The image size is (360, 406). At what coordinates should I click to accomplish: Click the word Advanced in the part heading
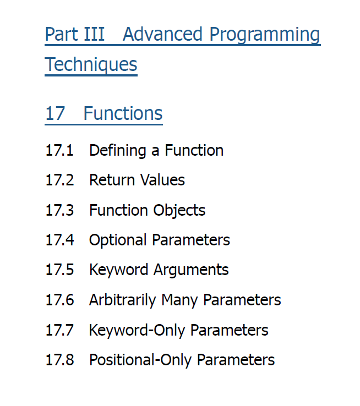point(162,34)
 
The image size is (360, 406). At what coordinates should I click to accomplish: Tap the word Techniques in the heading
point(91,65)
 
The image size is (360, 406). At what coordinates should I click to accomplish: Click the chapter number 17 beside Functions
point(55,113)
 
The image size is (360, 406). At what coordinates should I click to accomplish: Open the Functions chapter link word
point(123,113)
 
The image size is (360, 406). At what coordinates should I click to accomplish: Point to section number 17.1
point(59,150)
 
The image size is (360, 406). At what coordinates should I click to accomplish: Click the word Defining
point(118,151)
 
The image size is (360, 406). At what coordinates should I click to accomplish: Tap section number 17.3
point(59,210)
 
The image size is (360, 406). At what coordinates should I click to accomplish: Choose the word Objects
point(179,211)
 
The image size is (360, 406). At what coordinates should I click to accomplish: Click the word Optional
point(118,240)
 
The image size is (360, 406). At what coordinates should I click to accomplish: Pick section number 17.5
point(59,270)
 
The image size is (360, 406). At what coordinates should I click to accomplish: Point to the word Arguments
point(191,270)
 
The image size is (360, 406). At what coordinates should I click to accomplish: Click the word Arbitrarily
point(123,300)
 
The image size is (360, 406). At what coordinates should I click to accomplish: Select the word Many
point(179,300)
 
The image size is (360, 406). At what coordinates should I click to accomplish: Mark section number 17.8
point(59,360)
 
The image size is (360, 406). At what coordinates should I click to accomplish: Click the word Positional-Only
point(140,360)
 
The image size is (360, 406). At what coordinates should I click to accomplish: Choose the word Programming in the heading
point(265,35)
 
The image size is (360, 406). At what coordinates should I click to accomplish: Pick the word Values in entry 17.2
point(162,180)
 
